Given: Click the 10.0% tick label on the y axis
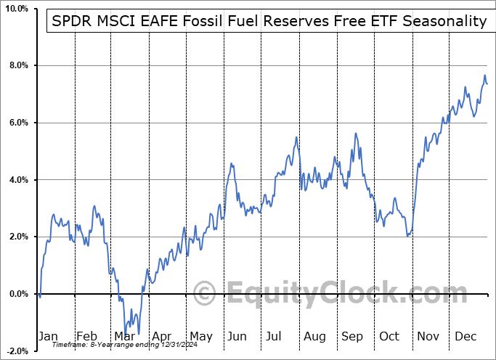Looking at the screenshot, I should point(15,9).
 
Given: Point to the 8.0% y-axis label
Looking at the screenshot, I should point(17,66).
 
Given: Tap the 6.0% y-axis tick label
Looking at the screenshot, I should point(17,123).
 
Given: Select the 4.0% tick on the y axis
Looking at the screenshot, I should point(17,180).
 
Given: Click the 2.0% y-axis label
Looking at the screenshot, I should point(17,237).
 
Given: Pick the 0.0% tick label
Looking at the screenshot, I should point(17,294).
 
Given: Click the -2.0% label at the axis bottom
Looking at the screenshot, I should point(15,351).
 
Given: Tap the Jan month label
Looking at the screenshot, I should point(48,337).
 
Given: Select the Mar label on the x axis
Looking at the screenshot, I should point(124,337).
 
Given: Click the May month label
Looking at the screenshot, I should point(200,337).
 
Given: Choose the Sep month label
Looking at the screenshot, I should point(352,337).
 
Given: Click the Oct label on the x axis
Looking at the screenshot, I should point(390,337).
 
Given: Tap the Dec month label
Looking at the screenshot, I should point(465,337).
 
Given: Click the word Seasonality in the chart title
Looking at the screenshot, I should point(444,21).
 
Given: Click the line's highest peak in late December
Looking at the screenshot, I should point(484,75).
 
